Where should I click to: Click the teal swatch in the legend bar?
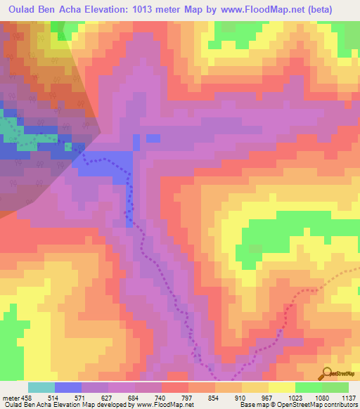click(41, 387)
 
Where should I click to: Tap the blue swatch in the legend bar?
click(68, 387)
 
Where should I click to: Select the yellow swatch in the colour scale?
click(282, 387)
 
